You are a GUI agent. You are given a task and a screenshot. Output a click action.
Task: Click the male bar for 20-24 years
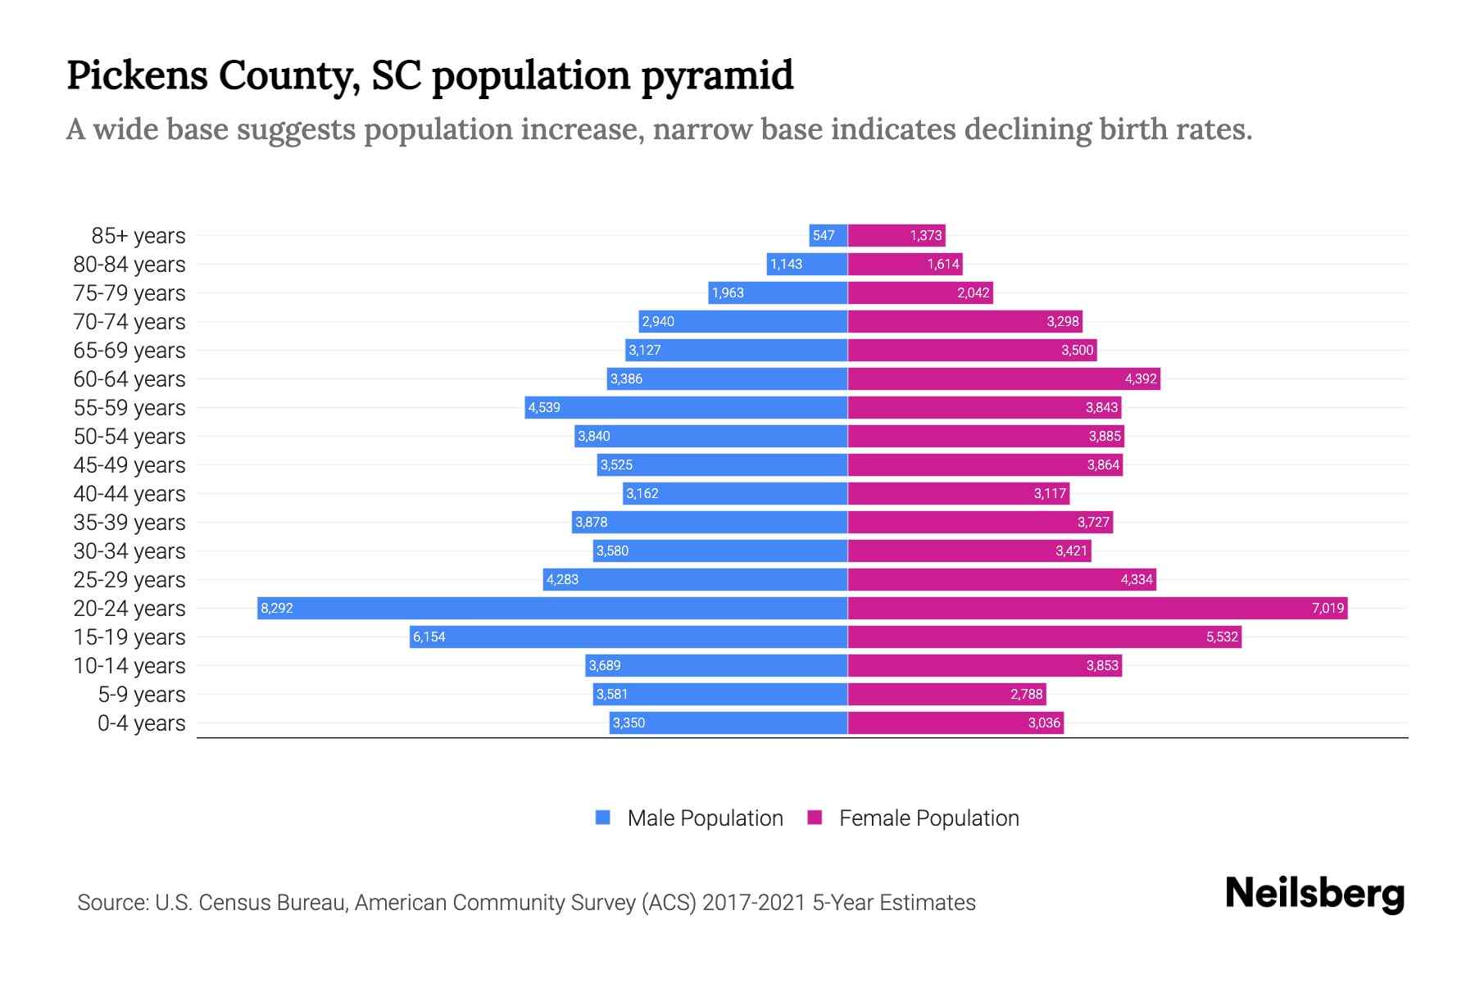[x=552, y=608]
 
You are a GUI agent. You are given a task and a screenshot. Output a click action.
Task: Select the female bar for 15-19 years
[x=1044, y=636]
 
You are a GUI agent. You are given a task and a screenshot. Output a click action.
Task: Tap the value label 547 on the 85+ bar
[x=823, y=236]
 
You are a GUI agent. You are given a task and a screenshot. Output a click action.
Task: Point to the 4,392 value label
[x=1140, y=378]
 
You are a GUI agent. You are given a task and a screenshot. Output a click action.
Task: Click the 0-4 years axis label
[x=141, y=723]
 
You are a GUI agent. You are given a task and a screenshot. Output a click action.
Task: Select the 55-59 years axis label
[x=129, y=408]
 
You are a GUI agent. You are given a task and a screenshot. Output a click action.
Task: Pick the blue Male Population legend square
[x=603, y=818]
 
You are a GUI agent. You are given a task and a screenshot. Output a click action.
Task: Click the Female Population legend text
[x=928, y=818]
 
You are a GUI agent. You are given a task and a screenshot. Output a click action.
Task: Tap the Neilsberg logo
[x=1314, y=894]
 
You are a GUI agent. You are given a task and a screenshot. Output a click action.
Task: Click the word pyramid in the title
[x=717, y=75]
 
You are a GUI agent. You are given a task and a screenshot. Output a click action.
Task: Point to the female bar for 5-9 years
[x=946, y=694]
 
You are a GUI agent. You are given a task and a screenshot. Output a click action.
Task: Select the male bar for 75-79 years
[x=778, y=292]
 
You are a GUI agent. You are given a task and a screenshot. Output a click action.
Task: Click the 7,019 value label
[x=1327, y=608]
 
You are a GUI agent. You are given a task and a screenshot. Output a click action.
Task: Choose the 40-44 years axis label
[x=129, y=494]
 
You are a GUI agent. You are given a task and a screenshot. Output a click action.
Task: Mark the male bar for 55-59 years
[x=686, y=407]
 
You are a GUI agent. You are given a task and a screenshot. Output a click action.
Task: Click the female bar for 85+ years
[x=896, y=236]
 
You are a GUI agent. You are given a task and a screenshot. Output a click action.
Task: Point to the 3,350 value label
[x=629, y=723]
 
